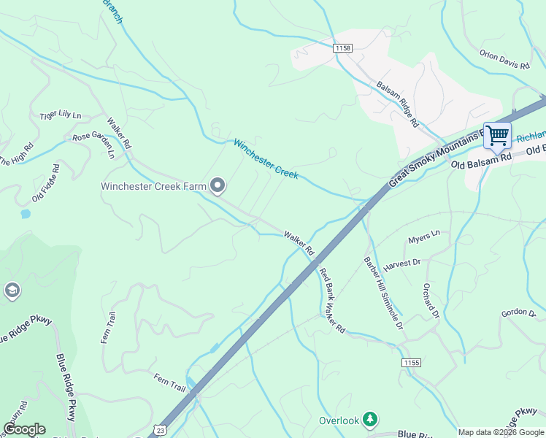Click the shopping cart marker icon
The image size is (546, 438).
click(497, 136)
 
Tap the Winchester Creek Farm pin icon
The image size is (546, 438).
click(218, 186)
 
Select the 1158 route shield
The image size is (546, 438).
click(342, 47)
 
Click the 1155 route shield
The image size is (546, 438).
click(412, 363)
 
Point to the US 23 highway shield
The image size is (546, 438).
click(161, 429)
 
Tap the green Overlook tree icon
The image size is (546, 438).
click(372, 420)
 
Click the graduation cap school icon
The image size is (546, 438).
click(12, 291)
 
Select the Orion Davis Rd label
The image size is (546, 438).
click(504, 60)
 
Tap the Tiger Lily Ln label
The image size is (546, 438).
click(61, 115)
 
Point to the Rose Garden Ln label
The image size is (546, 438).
click(94, 145)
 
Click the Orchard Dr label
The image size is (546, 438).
click(431, 301)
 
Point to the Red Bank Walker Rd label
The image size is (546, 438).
click(331, 301)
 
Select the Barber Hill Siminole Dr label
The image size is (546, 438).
click(384, 293)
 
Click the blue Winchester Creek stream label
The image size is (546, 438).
click(266, 159)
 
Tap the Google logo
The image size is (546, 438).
click(24, 429)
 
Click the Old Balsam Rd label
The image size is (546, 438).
click(482, 161)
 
